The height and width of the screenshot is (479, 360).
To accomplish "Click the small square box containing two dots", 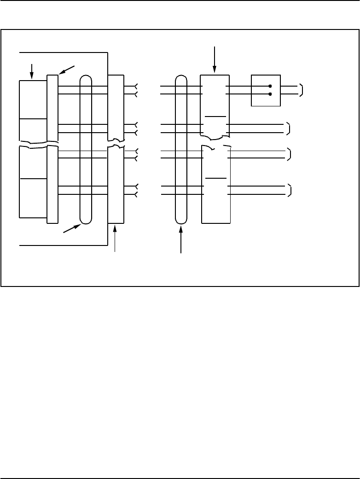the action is tap(266, 90).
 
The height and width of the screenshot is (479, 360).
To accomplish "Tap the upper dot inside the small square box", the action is tap(270, 86).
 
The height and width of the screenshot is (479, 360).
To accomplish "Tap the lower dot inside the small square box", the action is tap(270, 94).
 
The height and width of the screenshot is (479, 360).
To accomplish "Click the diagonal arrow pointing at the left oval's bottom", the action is tap(72, 228).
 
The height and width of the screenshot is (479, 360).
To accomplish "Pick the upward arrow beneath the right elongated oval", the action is tap(181, 239).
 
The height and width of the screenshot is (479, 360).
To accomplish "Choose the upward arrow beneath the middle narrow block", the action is tap(115, 239).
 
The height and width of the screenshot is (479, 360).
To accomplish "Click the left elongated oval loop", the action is tap(86, 149).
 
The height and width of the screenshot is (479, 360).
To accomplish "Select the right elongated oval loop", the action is tap(181, 149).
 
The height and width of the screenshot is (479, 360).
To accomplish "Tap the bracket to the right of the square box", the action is tap(301, 90).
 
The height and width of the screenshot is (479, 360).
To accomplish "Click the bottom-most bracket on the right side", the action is tap(290, 190).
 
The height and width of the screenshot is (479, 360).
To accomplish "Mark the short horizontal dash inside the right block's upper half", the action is tap(215, 117).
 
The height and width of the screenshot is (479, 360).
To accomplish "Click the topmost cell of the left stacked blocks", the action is tap(33, 99).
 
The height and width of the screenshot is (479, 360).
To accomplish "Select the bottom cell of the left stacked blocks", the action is tap(33, 197).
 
